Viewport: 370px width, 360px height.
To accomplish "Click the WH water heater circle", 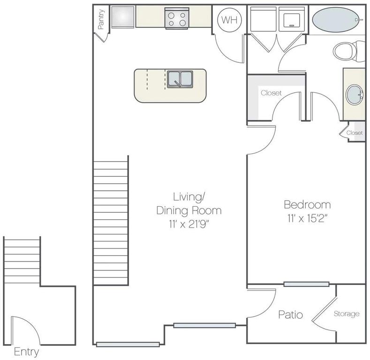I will (228, 20).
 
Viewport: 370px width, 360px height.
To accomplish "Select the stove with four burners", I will (176, 18).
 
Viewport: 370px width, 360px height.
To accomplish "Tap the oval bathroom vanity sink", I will (355, 96).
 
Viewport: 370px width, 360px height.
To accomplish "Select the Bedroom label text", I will (307, 205).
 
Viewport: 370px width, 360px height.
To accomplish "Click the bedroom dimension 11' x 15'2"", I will (307, 217).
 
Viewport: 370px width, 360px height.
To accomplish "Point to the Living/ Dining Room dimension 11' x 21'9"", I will (189, 223).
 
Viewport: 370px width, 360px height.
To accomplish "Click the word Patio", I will (290, 315).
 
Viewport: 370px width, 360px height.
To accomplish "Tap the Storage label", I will (347, 314).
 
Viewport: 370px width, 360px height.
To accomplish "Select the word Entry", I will (26, 352).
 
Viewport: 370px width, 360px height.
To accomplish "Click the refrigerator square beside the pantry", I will (122, 17).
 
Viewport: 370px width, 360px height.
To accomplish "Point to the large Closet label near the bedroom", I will (271, 93).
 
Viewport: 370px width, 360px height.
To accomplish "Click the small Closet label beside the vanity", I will (355, 133).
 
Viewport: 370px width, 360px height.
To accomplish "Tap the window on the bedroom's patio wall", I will (306, 284).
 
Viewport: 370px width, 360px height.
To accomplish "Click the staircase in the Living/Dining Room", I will (111, 223).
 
